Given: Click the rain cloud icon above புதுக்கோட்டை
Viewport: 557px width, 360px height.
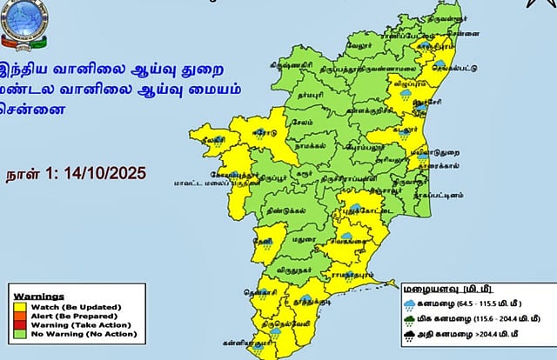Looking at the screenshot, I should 354,210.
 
